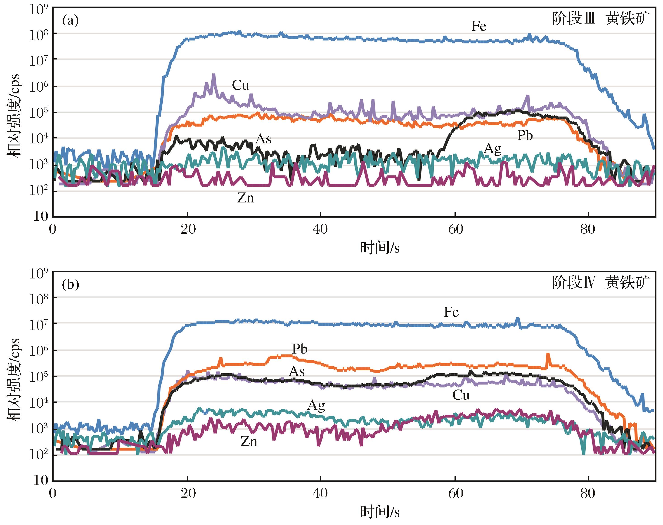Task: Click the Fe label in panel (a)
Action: [479, 26]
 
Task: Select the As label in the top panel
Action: [263, 139]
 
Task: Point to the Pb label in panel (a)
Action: [525, 135]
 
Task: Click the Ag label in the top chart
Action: [493, 149]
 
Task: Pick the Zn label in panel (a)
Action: [246, 198]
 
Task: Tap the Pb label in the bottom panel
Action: [300, 349]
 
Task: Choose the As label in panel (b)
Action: [297, 372]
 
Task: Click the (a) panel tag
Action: [70, 21]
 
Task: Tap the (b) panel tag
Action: [70, 285]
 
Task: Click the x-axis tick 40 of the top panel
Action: [320, 229]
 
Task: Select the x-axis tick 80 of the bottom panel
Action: [588, 493]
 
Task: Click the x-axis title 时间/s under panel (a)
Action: [380, 248]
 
